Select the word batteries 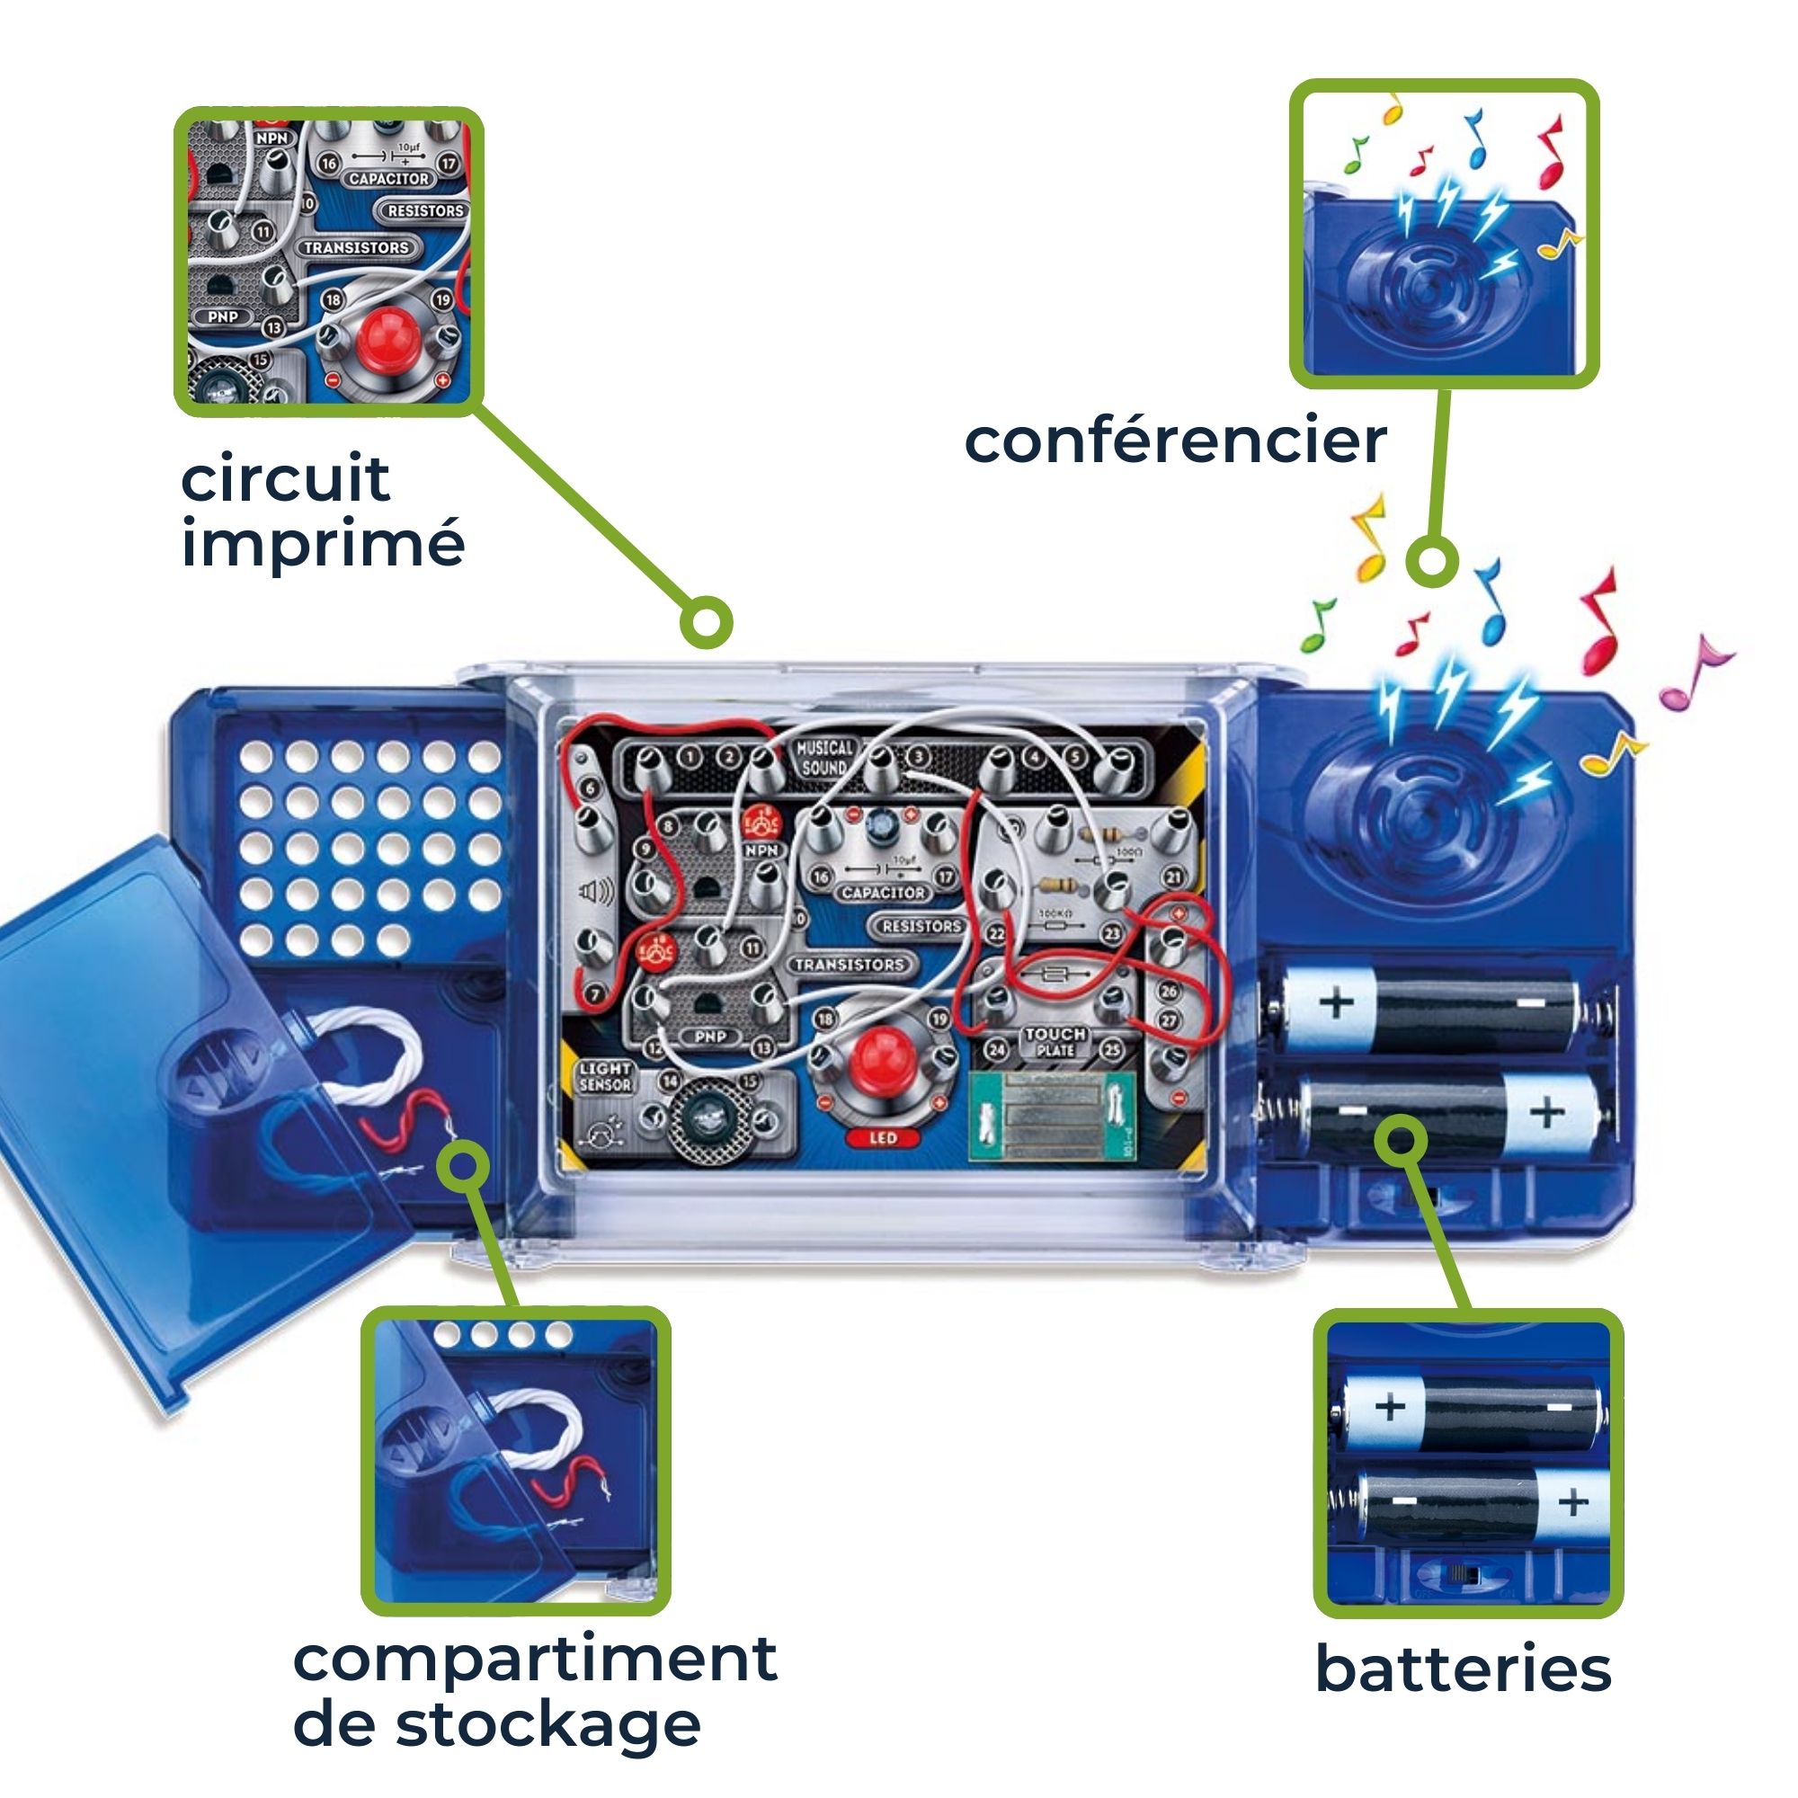pos(1463,1669)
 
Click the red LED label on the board pos(882,1137)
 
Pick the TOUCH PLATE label pos(1055,1041)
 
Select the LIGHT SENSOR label pos(605,1077)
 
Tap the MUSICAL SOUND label pos(823,758)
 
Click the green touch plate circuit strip pos(1052,1117)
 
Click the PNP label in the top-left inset pos(222,316)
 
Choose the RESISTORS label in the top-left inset pos(424,211)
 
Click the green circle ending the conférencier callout pos(1431,561)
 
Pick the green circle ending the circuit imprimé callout pos(707,622)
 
